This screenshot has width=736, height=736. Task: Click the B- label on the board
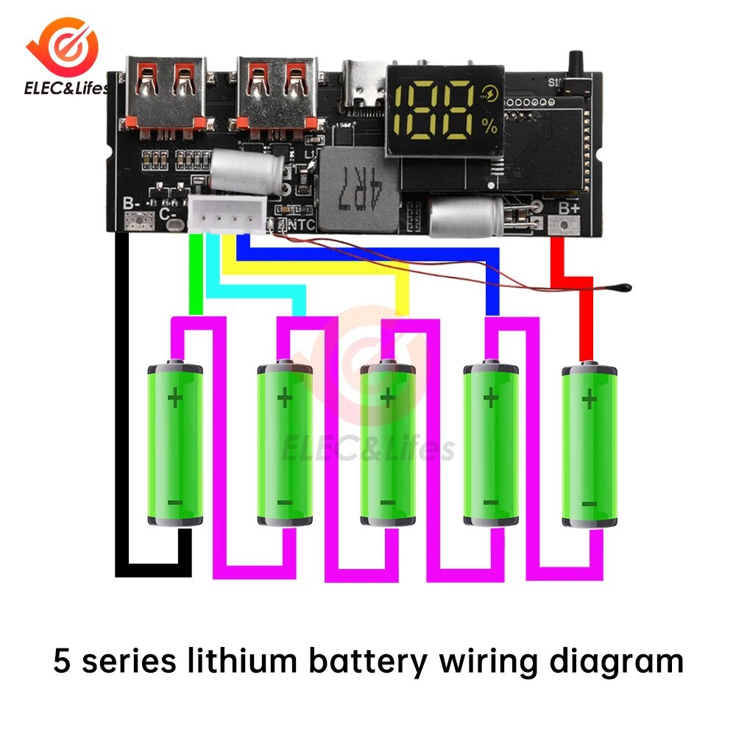[132, 205]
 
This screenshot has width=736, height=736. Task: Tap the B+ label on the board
[568, 209]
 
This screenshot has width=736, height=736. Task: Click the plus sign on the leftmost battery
[175, 399]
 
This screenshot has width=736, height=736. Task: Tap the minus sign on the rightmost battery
[589, 503]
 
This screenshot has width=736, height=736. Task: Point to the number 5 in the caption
[63, 661]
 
